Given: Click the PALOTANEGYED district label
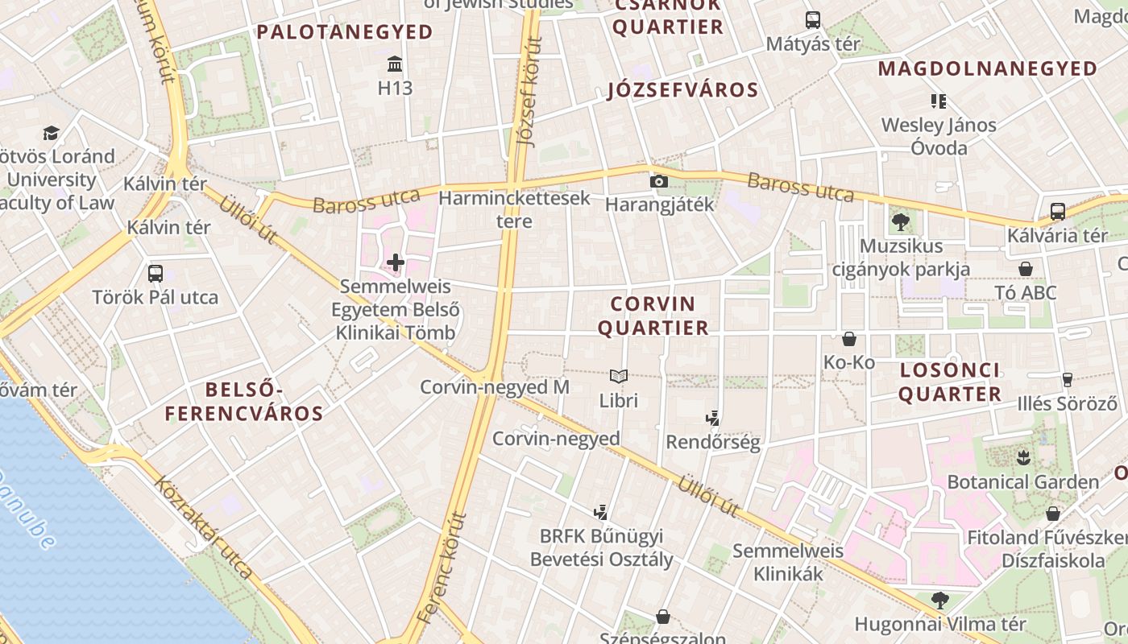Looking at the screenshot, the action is (345, 32).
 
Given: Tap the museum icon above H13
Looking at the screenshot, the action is (395, 64).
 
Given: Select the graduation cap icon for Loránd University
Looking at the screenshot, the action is (52, 133).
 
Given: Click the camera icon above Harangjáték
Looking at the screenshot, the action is (659, 181).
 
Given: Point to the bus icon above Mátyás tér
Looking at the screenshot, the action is (813, 20).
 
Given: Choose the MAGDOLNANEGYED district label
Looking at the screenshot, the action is (988, 68).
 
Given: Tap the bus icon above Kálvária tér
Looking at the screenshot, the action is (1058, 212).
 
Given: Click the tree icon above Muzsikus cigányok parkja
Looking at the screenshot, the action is (901, 221).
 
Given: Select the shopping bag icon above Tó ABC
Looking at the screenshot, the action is (1026, 269).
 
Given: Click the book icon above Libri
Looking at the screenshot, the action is (619, 376).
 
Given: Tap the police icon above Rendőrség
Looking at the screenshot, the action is (712, 418).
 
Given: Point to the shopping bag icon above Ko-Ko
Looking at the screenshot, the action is (849, 339).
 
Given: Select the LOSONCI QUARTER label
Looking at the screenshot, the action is (950, 382).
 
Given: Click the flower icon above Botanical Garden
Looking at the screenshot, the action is (1023, 458).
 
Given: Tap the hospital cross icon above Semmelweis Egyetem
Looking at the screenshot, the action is (396, 262).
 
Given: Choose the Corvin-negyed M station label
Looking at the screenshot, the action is (495, 387).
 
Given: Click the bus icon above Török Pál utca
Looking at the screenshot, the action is (156, 274).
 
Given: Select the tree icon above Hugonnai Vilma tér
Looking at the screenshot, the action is (939, 600).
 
